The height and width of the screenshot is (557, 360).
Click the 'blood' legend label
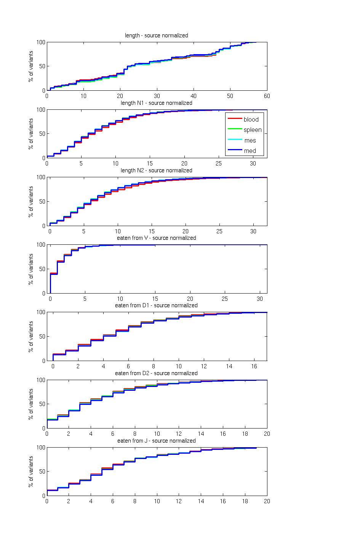point(251,119)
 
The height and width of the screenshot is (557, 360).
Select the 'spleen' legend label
point(253,130)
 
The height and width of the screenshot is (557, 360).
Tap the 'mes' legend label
point(250,140)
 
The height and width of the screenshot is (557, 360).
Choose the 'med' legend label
point(250,151)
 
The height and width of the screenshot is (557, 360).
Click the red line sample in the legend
point(235,119)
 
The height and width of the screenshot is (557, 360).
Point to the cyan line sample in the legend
point(235,140)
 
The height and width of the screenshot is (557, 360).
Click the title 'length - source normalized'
point(156,35)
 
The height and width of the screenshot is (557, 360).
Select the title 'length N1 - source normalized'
point(156,103)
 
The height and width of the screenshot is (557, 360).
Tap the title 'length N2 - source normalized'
point(156,170)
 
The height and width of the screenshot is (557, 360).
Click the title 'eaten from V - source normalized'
point(156,238)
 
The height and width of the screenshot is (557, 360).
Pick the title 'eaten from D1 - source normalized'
point(156,305)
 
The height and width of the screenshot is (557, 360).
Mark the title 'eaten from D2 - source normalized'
point(156,373)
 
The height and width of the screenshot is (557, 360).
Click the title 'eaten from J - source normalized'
point(156,441)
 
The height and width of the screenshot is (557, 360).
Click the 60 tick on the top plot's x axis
point(267,96)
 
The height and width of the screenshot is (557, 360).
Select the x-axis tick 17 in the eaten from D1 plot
point(267,361)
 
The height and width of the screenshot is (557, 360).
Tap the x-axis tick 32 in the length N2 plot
point(267,226)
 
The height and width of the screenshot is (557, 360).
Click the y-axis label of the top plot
point(31,66)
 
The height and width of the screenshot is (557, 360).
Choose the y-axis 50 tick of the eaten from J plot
point(42,472)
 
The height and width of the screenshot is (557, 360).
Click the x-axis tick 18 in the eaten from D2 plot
point(245,434)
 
